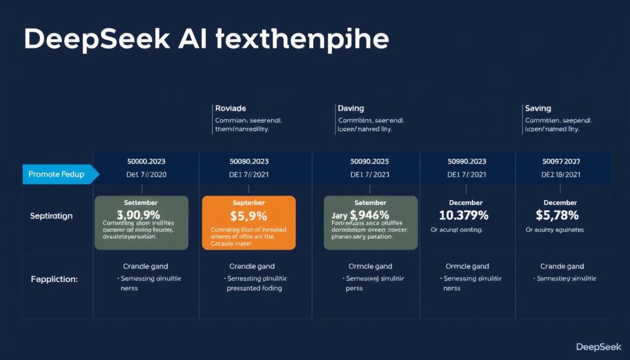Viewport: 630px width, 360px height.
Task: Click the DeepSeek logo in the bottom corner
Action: [599, 347]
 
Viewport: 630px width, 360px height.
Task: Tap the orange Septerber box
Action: [249, 222]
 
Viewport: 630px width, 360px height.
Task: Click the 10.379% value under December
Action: [463, 215]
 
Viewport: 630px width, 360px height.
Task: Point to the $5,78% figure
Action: [557, 215]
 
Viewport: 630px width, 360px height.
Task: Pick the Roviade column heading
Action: [230, 108]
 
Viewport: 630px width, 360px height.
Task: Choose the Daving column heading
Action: [350, 108]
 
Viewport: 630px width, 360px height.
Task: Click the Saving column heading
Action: [538, 108]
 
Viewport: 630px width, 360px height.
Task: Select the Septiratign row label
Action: [51, 216]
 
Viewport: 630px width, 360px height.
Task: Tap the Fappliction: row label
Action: [54, 279]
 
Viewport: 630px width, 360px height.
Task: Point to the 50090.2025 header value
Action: [369, 161]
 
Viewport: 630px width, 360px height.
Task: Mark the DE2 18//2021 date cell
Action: [561, 174]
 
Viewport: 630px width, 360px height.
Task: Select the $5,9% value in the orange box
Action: [249, 216]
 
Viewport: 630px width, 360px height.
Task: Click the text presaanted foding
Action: [254, 288]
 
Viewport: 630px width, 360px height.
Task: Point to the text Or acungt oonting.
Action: [457, 230]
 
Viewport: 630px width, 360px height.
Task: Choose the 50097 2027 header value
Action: [561, 161]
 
